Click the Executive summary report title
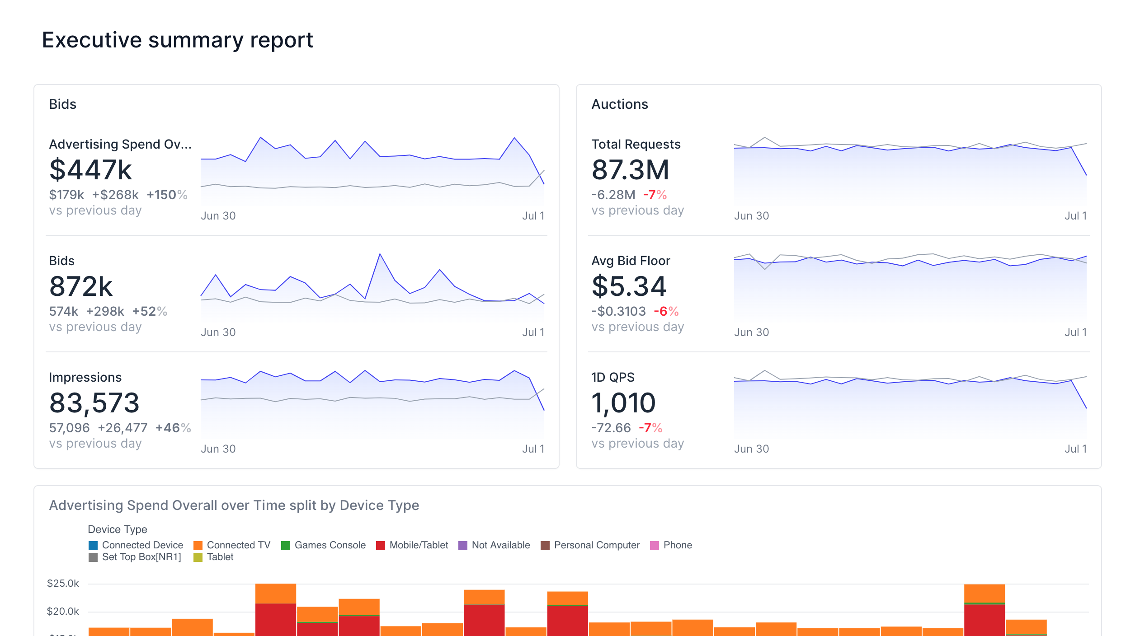(x=177, y=40)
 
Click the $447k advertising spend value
(x=90, y=170)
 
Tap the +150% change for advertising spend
(x=166, y=195)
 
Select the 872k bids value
(x=81, y=286)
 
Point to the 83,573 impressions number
(x=94, y=403)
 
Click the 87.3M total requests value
(x=630, y=170)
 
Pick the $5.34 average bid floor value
(x=629, y=286)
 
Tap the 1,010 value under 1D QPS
(x=623, y=403)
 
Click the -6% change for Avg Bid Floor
(x=666, y=311)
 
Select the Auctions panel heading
(x=619, y=104)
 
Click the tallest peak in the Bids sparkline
(x=380, y=254)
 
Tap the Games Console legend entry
(x=330, y=545)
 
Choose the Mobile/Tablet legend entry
(x=418, y=545)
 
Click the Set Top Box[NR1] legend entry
(x=141, y=557)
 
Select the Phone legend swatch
(x=654, y=546)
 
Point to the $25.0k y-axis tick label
(x=63, y=584)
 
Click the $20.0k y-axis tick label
(x=63, y=612)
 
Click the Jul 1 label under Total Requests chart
(x=1075, y=216)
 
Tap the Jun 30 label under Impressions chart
(x=218, y=449)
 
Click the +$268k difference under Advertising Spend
(x=115, y=195)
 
